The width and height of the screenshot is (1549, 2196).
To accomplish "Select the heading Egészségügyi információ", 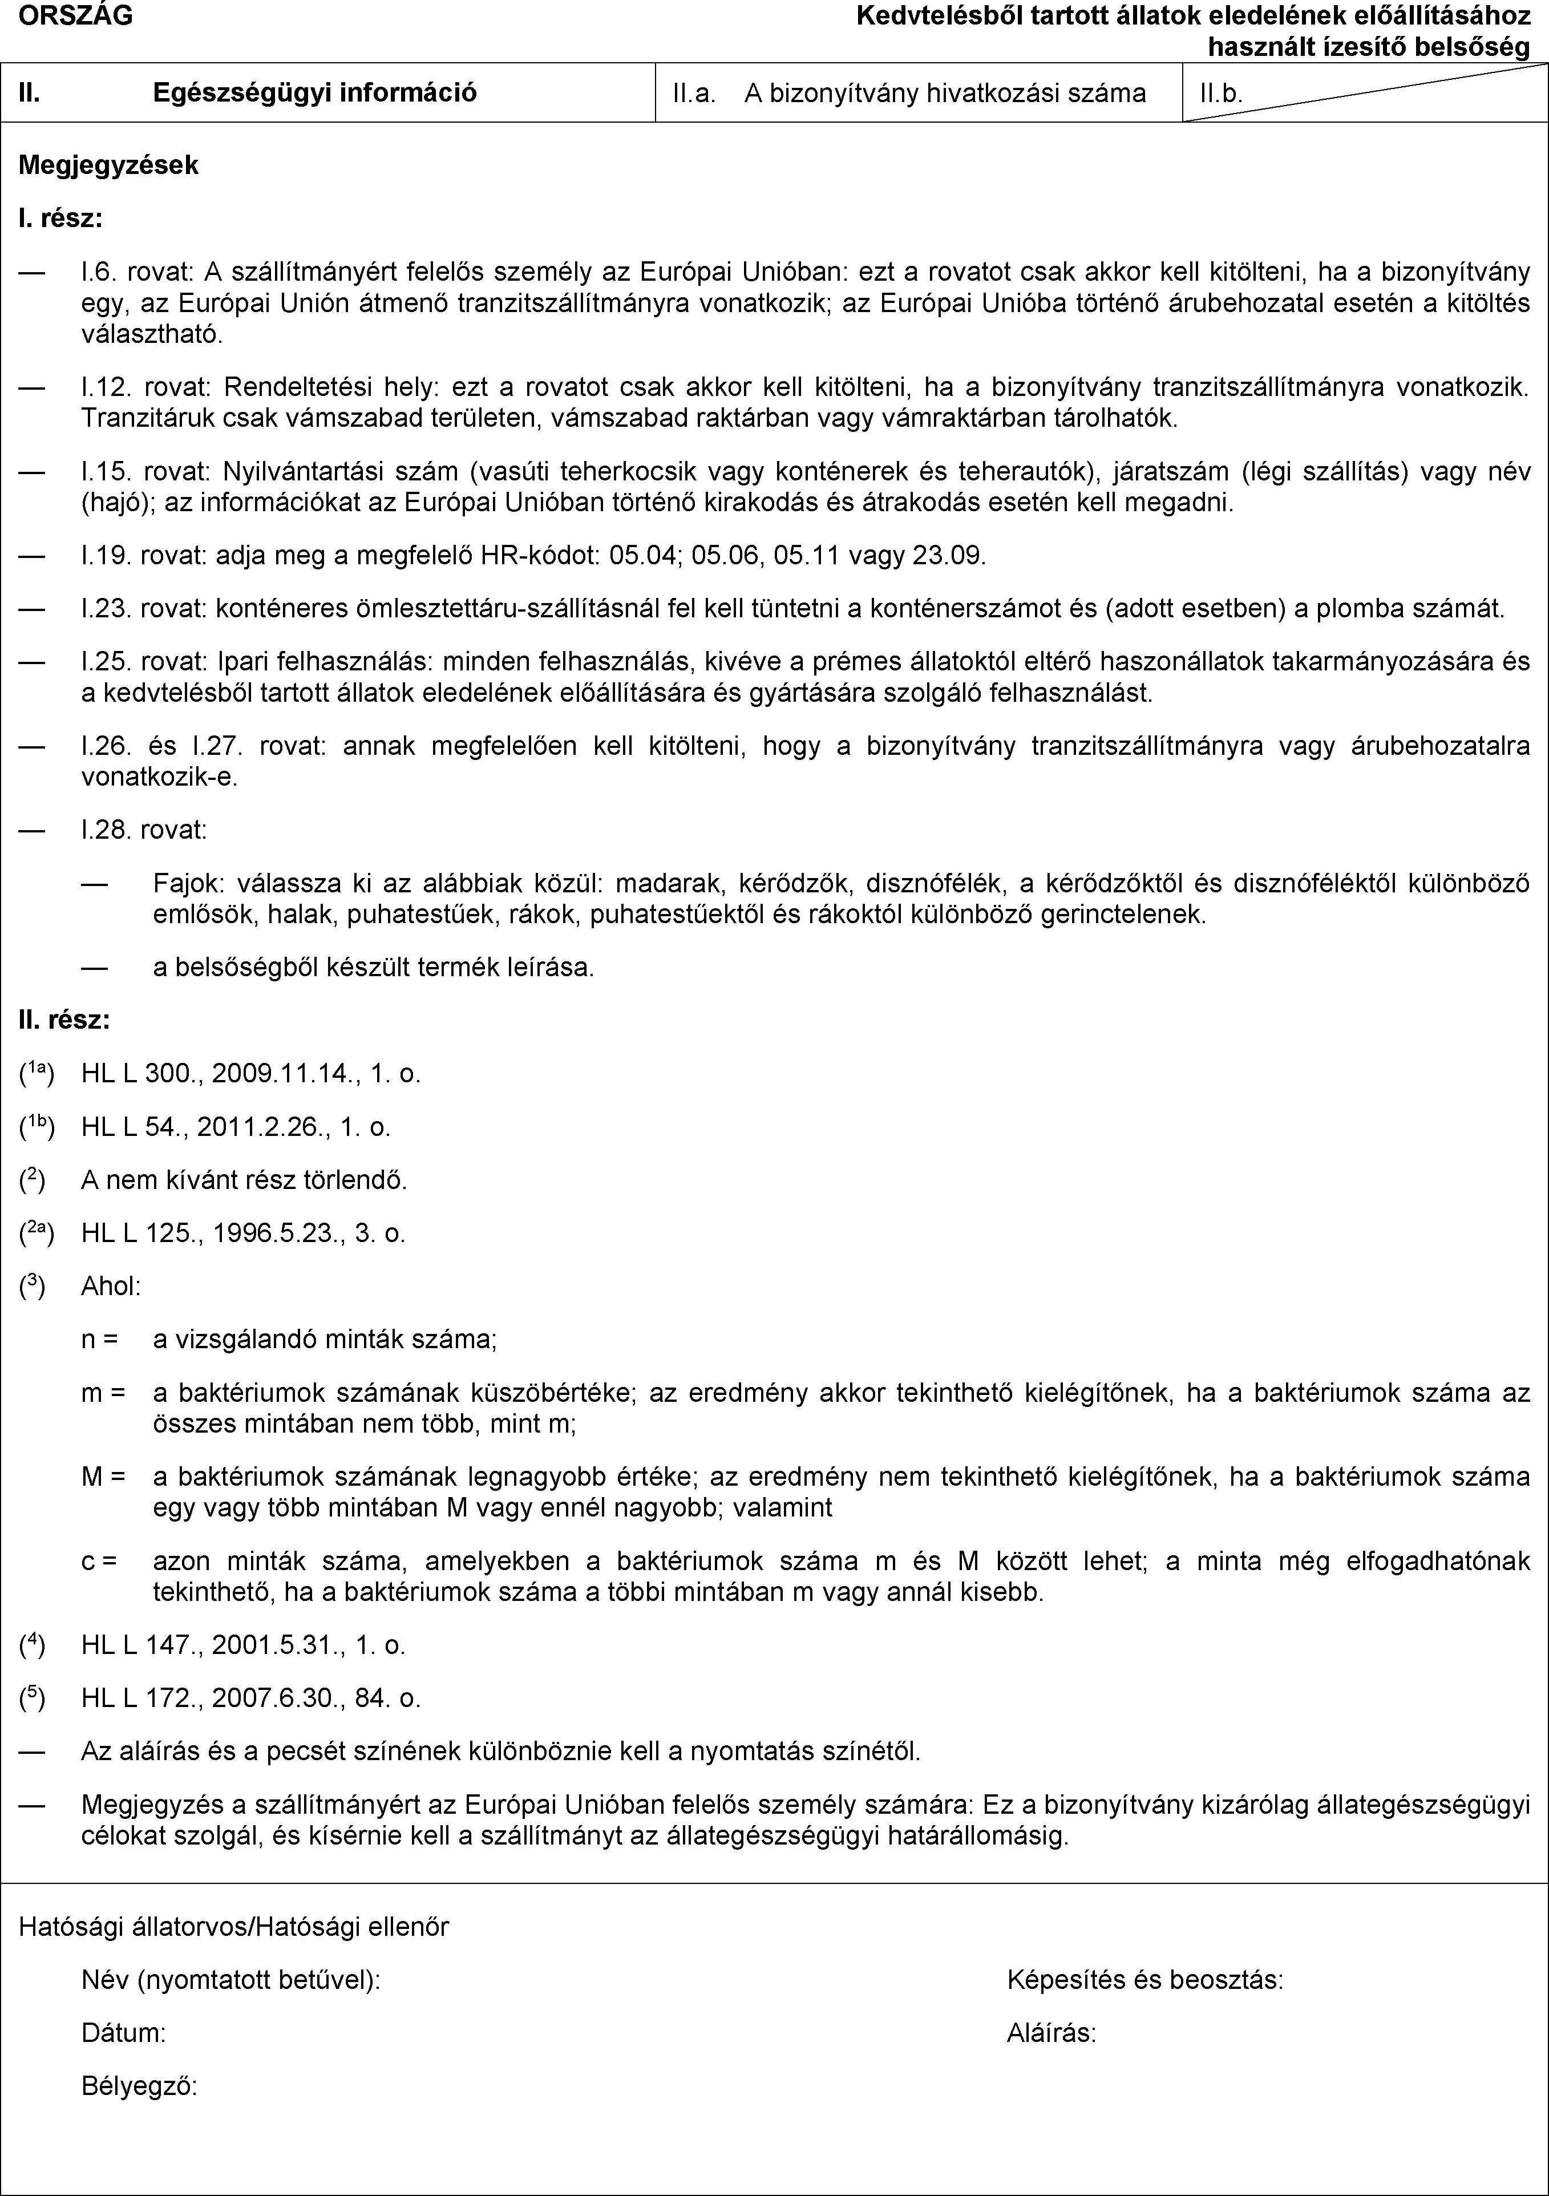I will [316, 93].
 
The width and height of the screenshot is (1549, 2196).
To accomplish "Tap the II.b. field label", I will [1221, 94].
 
